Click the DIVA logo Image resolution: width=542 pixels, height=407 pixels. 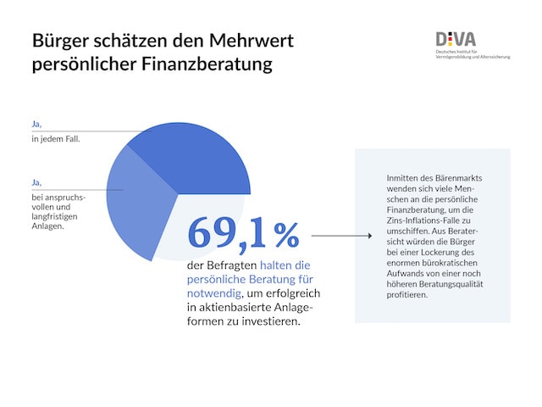pyautogui.click(x=456, y=39)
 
